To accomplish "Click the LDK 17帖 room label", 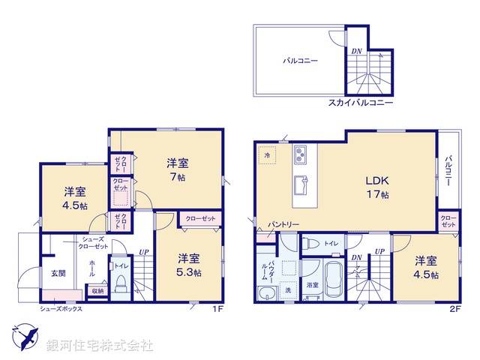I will (x=376, y=187).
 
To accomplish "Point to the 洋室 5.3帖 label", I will (x=188, y=267).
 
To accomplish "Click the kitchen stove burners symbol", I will (x=300, y=156).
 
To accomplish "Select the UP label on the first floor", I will (x=142, y=252).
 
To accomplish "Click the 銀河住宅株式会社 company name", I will (x=100, y=346).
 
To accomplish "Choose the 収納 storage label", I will (x=98, y=290).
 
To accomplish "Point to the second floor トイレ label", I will (x=331, y=242).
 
